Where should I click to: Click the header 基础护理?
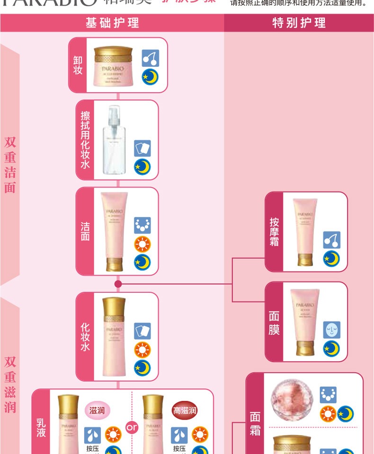[x=112, y=22]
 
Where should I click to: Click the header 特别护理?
[x=299, y=22]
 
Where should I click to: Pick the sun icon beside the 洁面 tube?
[x=142, y=244]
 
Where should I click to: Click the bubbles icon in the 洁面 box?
[x=142, y=226]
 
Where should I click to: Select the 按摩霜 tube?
[x=305, y=231]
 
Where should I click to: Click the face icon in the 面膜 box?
[x=331, y=330]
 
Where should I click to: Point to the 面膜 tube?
[x=305, y=322]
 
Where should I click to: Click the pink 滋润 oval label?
[x=98, y=410]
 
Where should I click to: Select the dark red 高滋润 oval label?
[x=185, y=410]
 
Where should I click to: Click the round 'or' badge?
[x=132, y=427]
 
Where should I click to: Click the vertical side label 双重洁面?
[x=10, y=165]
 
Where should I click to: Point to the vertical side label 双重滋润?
[x=10, y=384]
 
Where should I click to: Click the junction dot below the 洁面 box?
[x=118, y=284]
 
